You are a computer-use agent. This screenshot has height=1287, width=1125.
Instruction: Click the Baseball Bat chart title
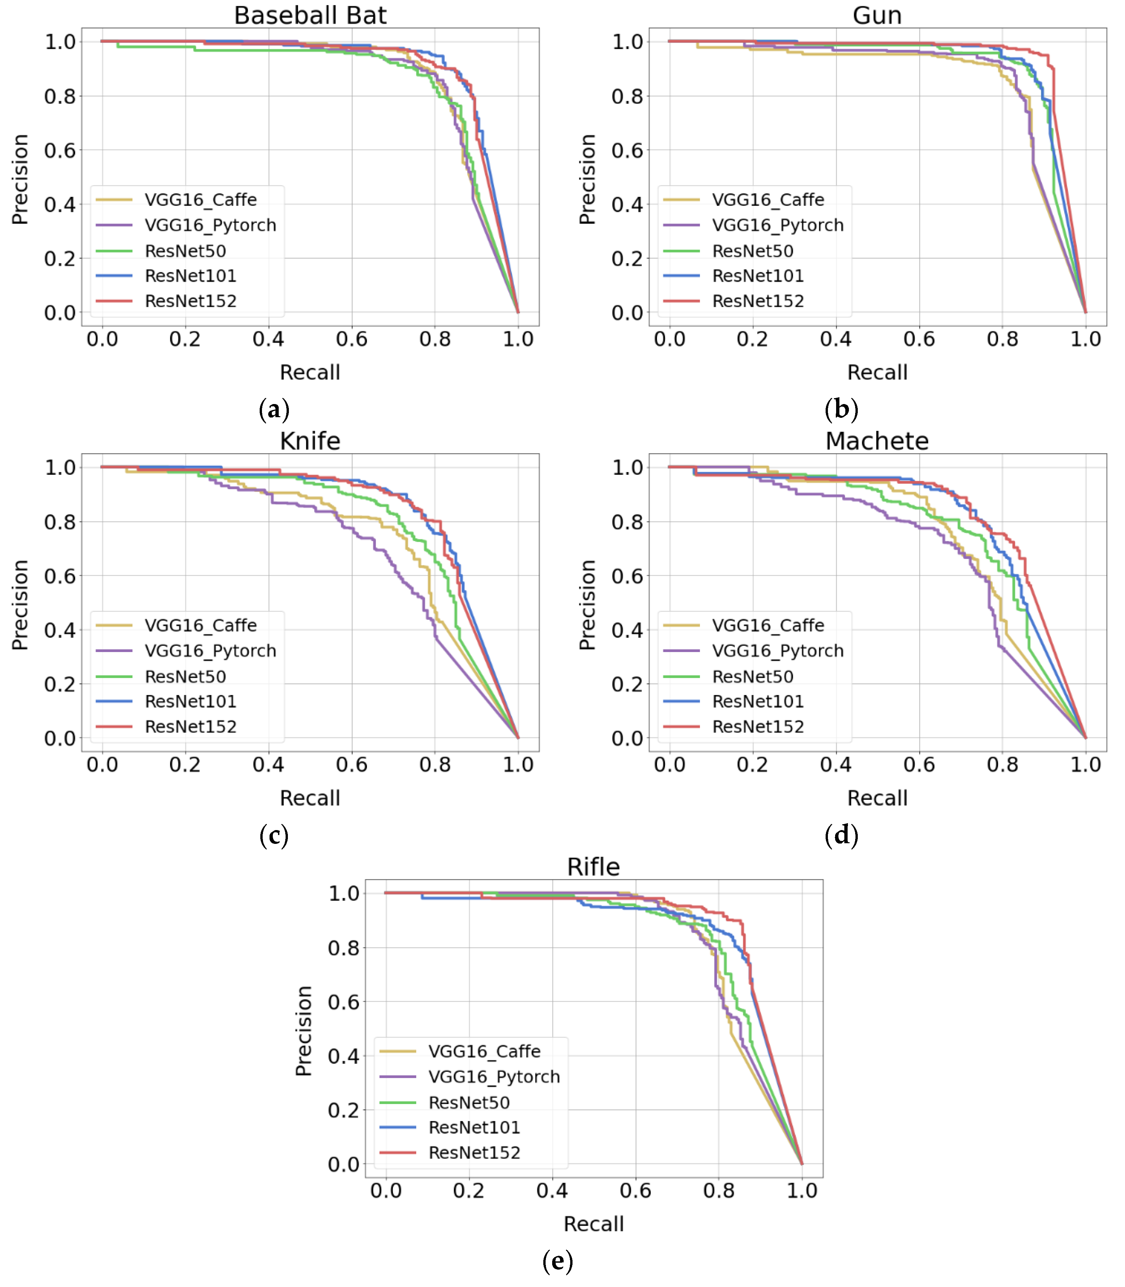(x=310, y=15)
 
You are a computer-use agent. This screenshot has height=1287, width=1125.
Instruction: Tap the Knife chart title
(x=310, y=441)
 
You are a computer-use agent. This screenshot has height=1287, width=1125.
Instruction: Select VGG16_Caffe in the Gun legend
(x=768, y=200)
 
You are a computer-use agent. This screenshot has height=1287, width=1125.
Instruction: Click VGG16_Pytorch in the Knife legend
(x=210, y=651)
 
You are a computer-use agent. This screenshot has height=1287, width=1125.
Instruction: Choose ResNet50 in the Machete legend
(x=753, y=676)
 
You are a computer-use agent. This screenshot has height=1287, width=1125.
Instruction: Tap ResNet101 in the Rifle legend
(x=474, y=1127)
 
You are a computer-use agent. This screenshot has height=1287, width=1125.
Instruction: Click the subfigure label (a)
(x=274, y=410)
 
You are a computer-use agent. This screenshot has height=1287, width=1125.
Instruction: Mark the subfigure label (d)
(x=841, y=835)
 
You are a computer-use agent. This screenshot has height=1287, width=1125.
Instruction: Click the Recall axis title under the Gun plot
(x=877, y=373)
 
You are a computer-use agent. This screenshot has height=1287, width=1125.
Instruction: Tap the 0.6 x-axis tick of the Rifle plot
(x=635, y=1191)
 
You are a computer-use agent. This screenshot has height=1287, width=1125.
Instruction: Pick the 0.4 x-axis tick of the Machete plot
(x=835, y=765)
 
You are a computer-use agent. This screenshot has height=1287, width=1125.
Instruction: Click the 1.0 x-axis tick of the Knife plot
(x=518, y=765)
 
